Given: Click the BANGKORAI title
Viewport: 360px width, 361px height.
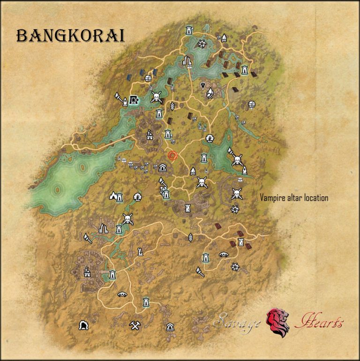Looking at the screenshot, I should click(x=70, y=36).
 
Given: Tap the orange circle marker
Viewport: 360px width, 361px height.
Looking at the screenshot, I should click(x=173, y=156).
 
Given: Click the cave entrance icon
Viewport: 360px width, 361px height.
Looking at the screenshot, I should click(x=84, y=325).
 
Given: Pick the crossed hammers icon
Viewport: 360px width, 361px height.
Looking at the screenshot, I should click(x=135, y=325).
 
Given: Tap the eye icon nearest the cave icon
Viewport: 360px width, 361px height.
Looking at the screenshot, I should click(x=122, y=294).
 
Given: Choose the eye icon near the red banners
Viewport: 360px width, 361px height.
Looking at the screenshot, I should click(x=224, y=255).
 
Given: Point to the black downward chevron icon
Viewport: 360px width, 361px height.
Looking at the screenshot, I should click(x=203, y=85).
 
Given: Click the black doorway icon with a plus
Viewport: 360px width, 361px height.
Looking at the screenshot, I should click(x=135, y=99).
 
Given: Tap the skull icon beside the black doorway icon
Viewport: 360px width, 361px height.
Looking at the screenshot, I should click(x=156, y=97).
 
